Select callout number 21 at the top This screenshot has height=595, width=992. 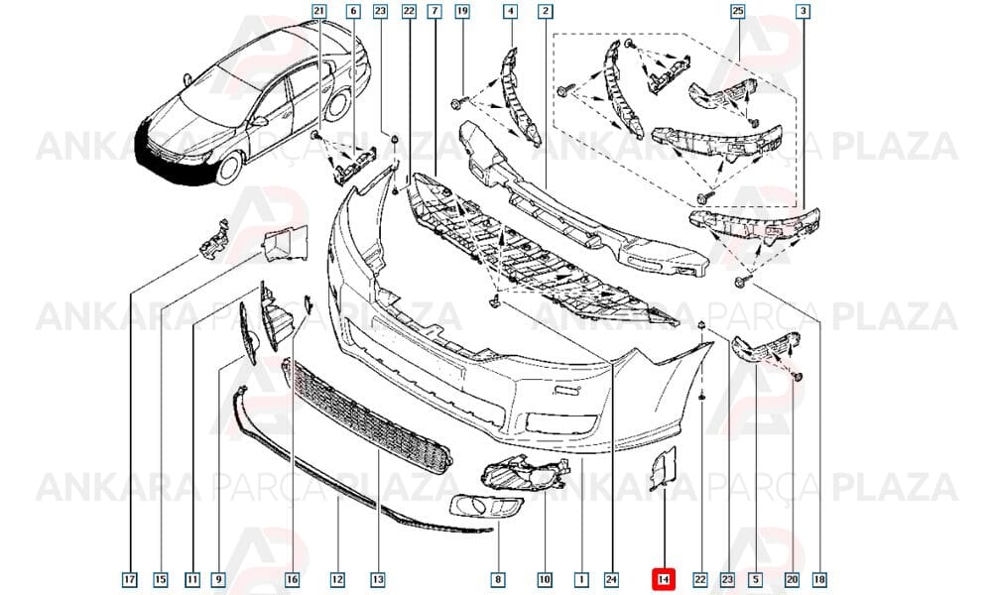point(319,11)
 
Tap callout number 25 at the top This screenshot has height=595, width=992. point(738,11)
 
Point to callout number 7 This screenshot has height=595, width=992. point(434,11)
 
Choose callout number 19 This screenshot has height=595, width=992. point(462,11)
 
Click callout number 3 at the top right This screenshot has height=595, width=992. point(804,11)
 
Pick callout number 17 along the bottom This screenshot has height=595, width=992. point(130,579)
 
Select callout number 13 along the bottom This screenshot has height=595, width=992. point(378,579)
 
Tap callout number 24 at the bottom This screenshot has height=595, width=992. point(611,579)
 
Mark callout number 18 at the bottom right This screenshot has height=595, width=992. point(820,579)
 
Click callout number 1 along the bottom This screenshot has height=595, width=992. point(581,579)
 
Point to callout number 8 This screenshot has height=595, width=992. point(498,579)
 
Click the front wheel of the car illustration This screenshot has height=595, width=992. point(230,168)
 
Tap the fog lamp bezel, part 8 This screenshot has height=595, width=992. point(486,506)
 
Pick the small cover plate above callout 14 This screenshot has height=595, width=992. point(665,468)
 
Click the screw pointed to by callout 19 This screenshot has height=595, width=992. point(456,101)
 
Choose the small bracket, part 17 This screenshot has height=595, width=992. point(214,239)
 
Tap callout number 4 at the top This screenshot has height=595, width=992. point(511,11)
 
